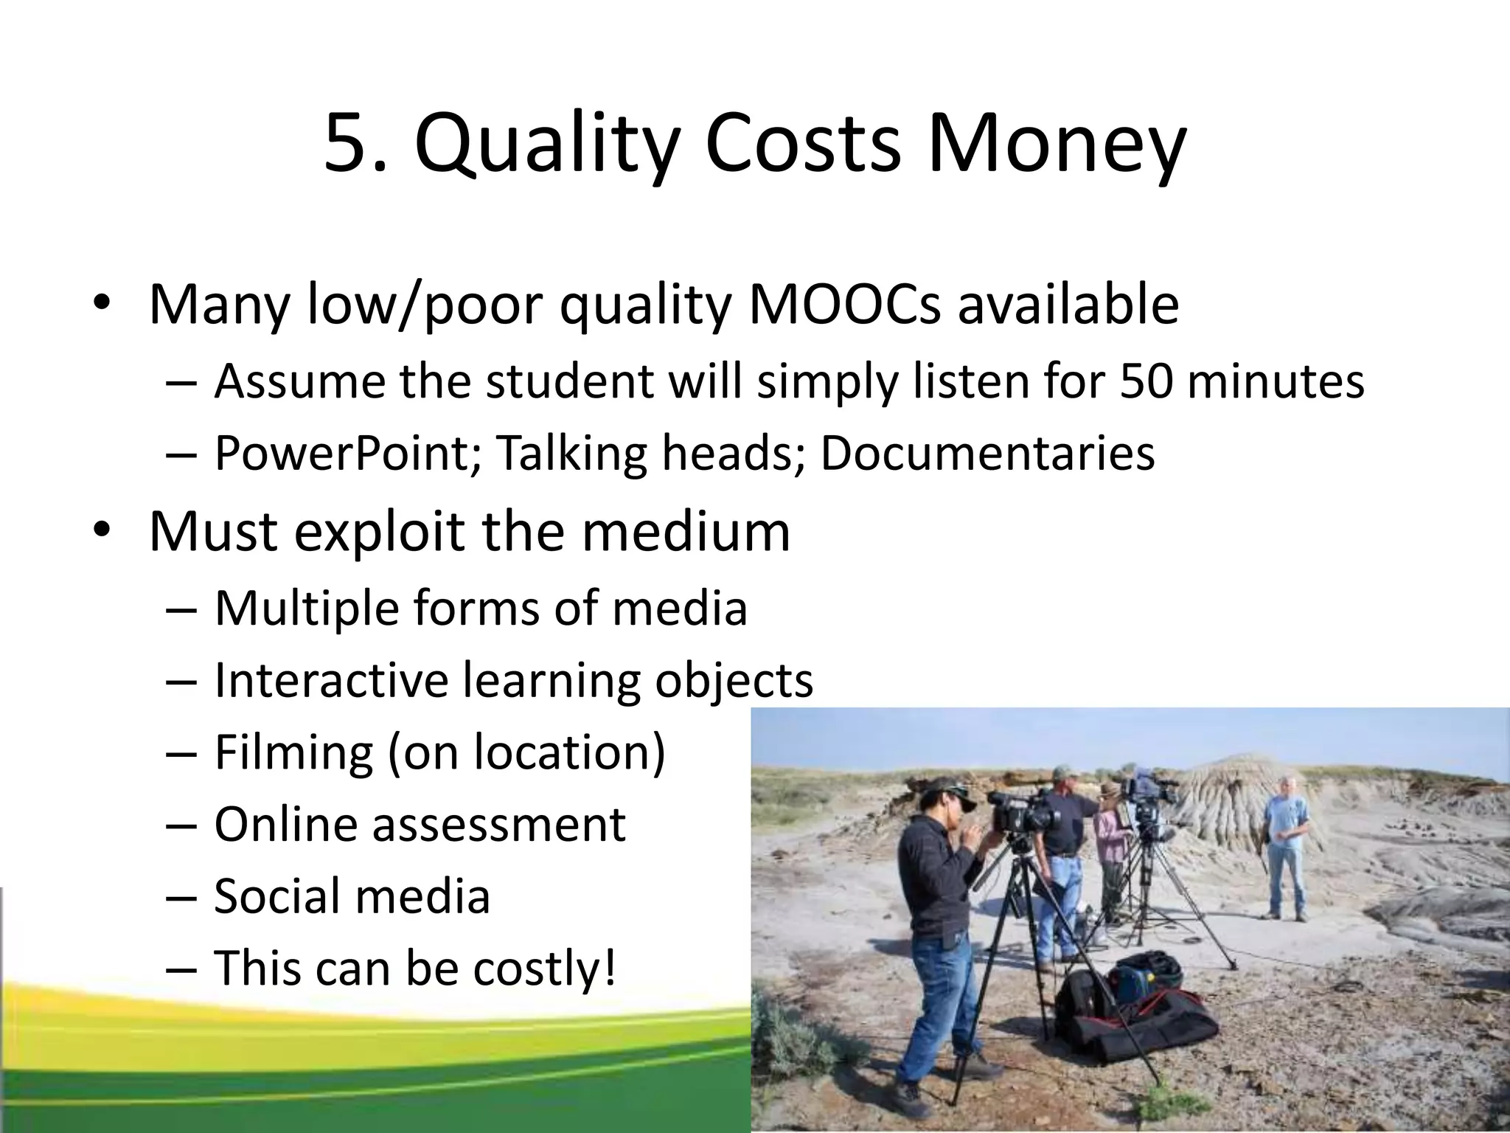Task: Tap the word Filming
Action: point(293,752)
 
